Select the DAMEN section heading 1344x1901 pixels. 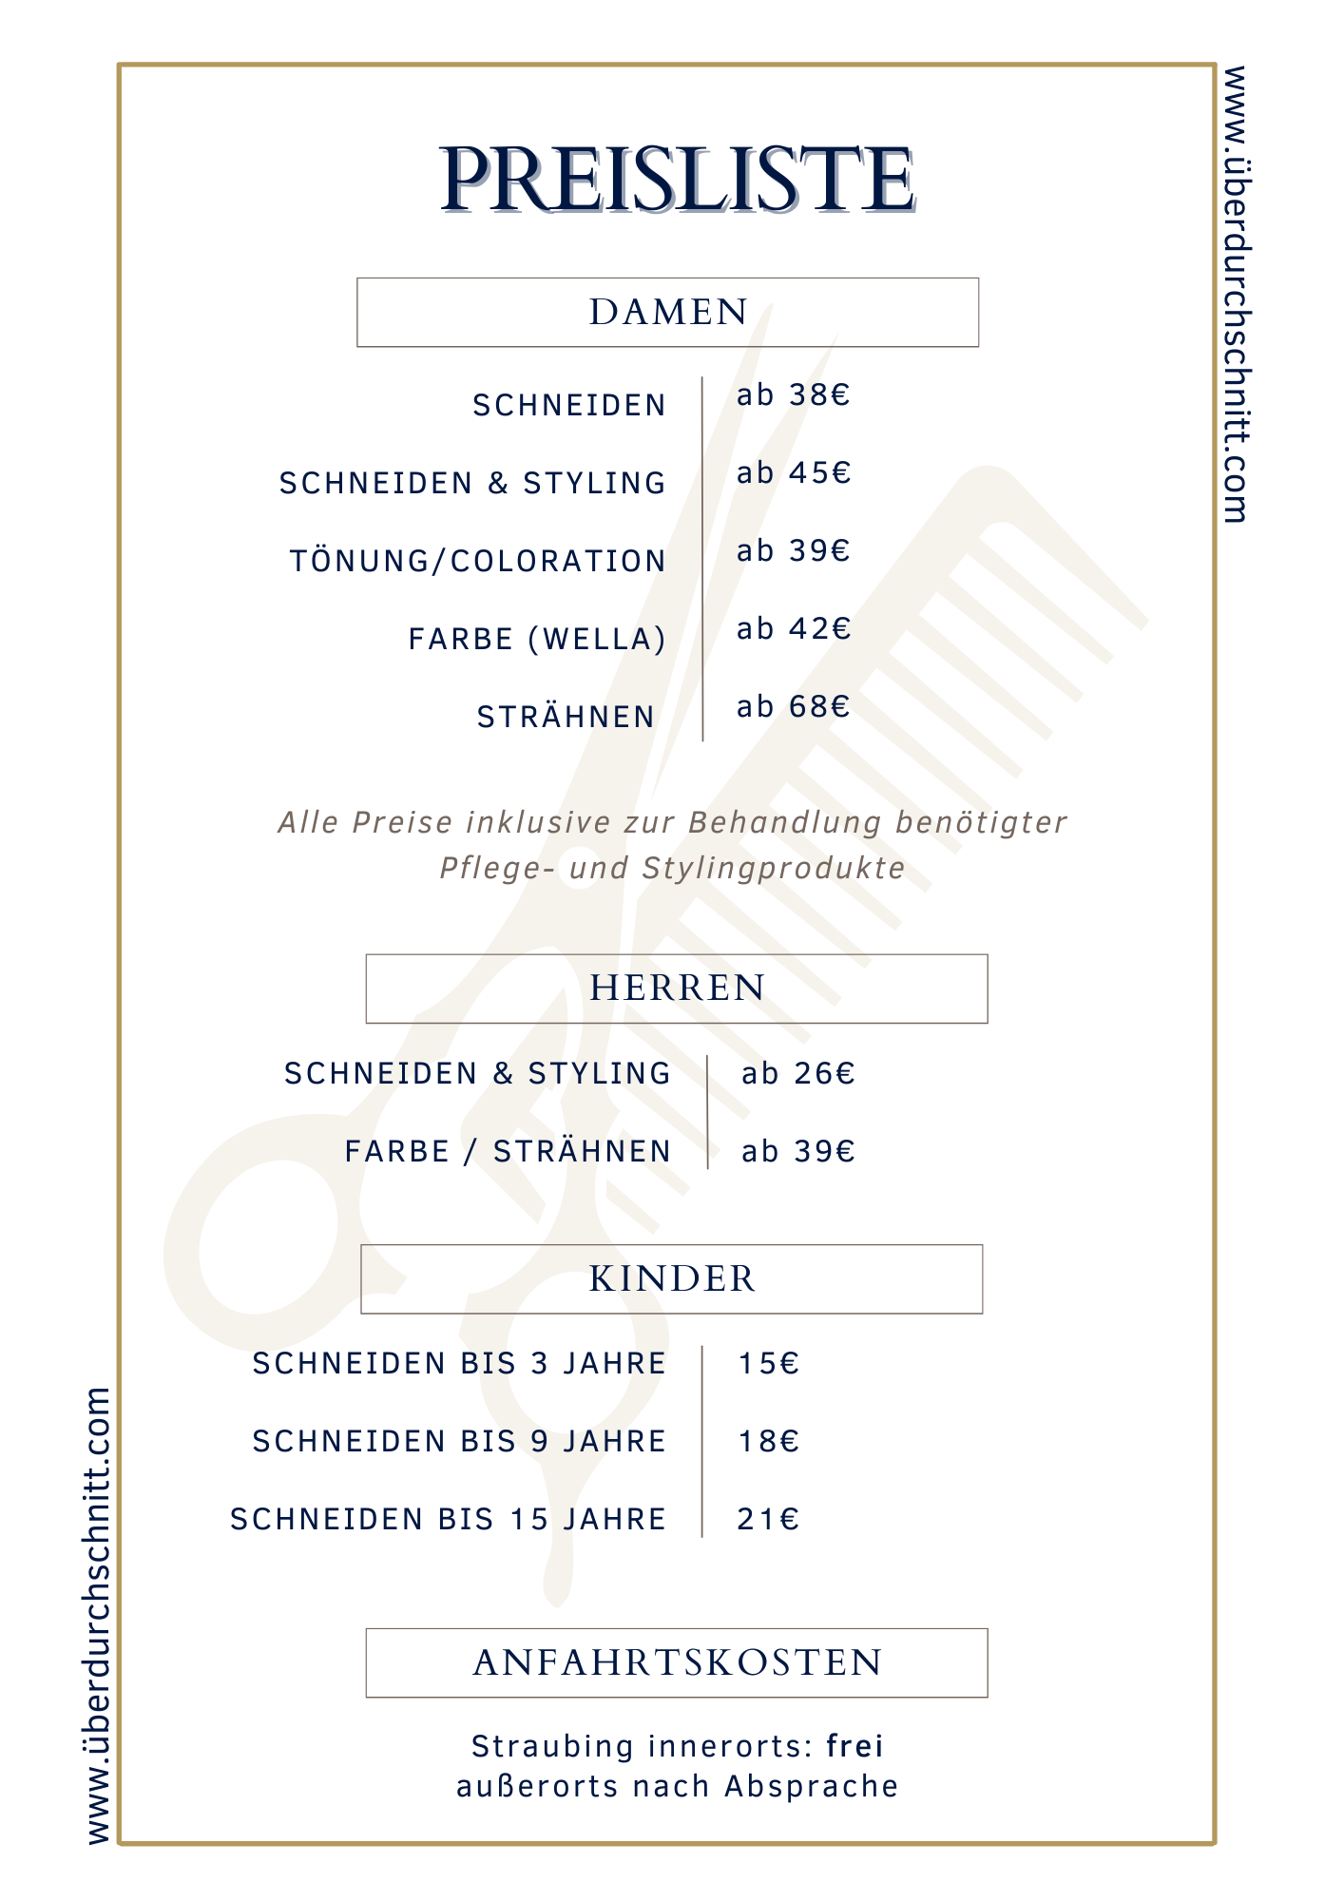pyautogui.click(x=668, y=313)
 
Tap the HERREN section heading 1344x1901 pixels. pyautogui.click(x=677, y=989)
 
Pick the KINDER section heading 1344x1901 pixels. pyautogui.click(x=672, y=1279)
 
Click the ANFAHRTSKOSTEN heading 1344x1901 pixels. pyautogui.click(x=677, y=1663)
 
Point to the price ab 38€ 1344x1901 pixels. pyautogui.click(x=793, y=394)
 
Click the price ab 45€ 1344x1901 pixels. pyautogui.click(x=793, y=472)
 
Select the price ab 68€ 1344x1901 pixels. pyautogui.click(x=793, y=706)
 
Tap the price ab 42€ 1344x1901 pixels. pyautogui.click(x=793, y=628)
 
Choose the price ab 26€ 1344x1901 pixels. pyautogui.click(x=797, y=1073)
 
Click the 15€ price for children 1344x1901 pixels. pyautogui.click(x=769, y=1364)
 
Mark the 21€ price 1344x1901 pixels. pyautogui.click(x=768, y=1520)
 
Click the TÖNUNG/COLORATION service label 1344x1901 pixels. pyautogui.click(x=477, y=561)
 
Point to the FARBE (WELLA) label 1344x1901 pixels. pyautogui.click(x=537, y=639)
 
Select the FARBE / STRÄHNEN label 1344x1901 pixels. pyautogui.click(x=508, y=1151)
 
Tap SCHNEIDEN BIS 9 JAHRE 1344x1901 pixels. pyautogui.click(x=459, y=1442)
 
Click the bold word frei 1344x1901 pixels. pyautogui.click(x=854, y=1746)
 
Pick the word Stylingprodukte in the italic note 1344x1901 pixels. pyautogui.click(x=774, y=868)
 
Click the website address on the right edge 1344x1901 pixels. pyautogui.click(x=1235, y=295)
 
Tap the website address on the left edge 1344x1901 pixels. pyautogui.click(x=99, y=1616)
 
